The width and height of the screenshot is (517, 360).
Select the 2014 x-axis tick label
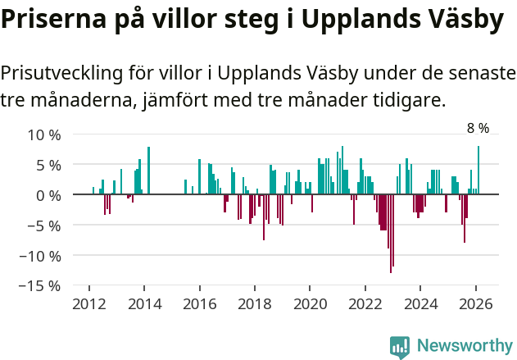(x=144, y=304)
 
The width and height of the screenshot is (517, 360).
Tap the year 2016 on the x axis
(x=199, y=304)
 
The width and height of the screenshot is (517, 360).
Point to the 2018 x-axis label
(x=255, y=304)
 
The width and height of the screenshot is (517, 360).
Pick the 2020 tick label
(x=310, y=304)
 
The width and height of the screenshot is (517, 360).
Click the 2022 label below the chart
(x=365, y=304)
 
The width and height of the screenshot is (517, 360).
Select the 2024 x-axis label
(x=420, y=304)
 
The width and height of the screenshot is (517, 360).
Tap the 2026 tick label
(x=476, y=304)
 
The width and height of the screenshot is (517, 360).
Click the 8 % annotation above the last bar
(x=478, y=128)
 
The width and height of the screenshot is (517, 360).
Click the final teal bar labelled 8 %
(x=478, y=171)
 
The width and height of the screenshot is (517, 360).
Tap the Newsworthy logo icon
(x=400, y=347)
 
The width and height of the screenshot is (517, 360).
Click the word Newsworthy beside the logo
(x=464, y=346)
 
